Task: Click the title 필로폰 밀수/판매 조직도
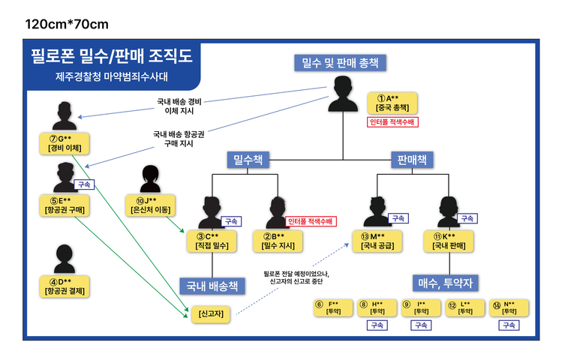point(111,55)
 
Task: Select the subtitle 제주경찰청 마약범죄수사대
point(111,76)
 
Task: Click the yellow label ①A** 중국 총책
point(392,103)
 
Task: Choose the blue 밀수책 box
point(249,159)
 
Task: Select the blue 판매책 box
point(412,159)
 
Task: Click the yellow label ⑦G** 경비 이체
point(65,143)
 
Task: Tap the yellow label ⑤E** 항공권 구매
point(65,205)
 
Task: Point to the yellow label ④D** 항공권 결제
point(65,286)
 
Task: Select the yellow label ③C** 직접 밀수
point(212,240)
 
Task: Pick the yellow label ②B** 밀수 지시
point(277,240)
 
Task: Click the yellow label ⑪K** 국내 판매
point(449,240)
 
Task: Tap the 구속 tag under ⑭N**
point(509,325)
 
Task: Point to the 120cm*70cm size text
point(67,24)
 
